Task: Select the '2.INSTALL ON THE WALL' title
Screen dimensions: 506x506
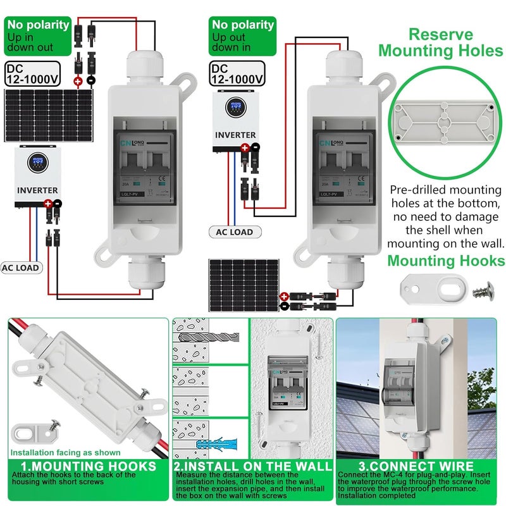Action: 253,466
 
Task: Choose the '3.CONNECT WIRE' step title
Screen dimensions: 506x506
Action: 420,466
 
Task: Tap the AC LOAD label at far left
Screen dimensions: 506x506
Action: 21,268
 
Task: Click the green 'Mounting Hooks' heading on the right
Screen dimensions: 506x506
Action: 446,261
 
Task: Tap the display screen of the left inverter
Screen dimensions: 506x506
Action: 38,167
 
